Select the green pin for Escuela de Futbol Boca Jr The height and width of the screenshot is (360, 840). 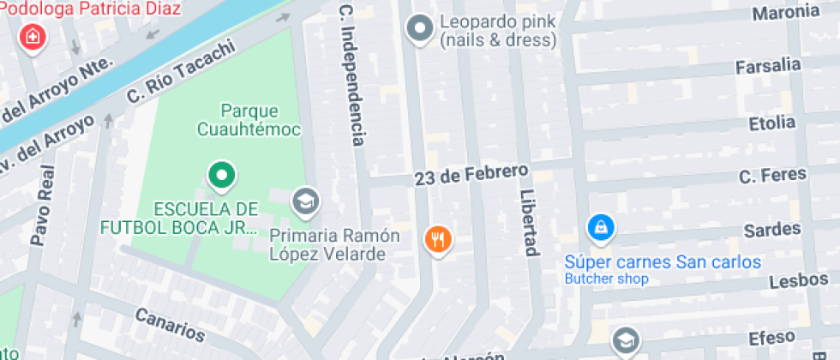point(221,177)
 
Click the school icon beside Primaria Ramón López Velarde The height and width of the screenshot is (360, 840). point(303,202)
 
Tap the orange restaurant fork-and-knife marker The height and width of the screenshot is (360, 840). point(438,239)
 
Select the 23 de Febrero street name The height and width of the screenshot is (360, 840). point(471,174)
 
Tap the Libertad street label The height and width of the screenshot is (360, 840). point(529,222)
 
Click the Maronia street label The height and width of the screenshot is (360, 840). point(785,13)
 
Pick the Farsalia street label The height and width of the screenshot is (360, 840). point(768,66)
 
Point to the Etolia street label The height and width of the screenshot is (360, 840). point(771,123)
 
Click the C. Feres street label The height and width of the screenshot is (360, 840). point(772,175)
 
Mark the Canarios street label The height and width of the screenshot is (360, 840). point(170,324)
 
